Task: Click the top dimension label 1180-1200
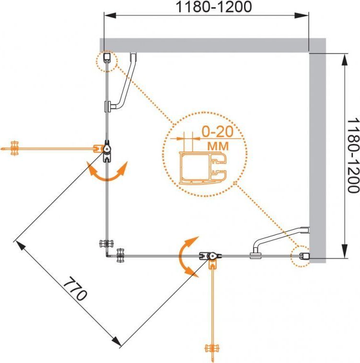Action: coord(207,8)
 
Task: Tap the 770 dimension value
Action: coord(75,288)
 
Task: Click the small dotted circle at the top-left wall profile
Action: coord(107,60)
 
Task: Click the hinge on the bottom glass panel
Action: coord(211,258)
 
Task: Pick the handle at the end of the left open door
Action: coord(15,148)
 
